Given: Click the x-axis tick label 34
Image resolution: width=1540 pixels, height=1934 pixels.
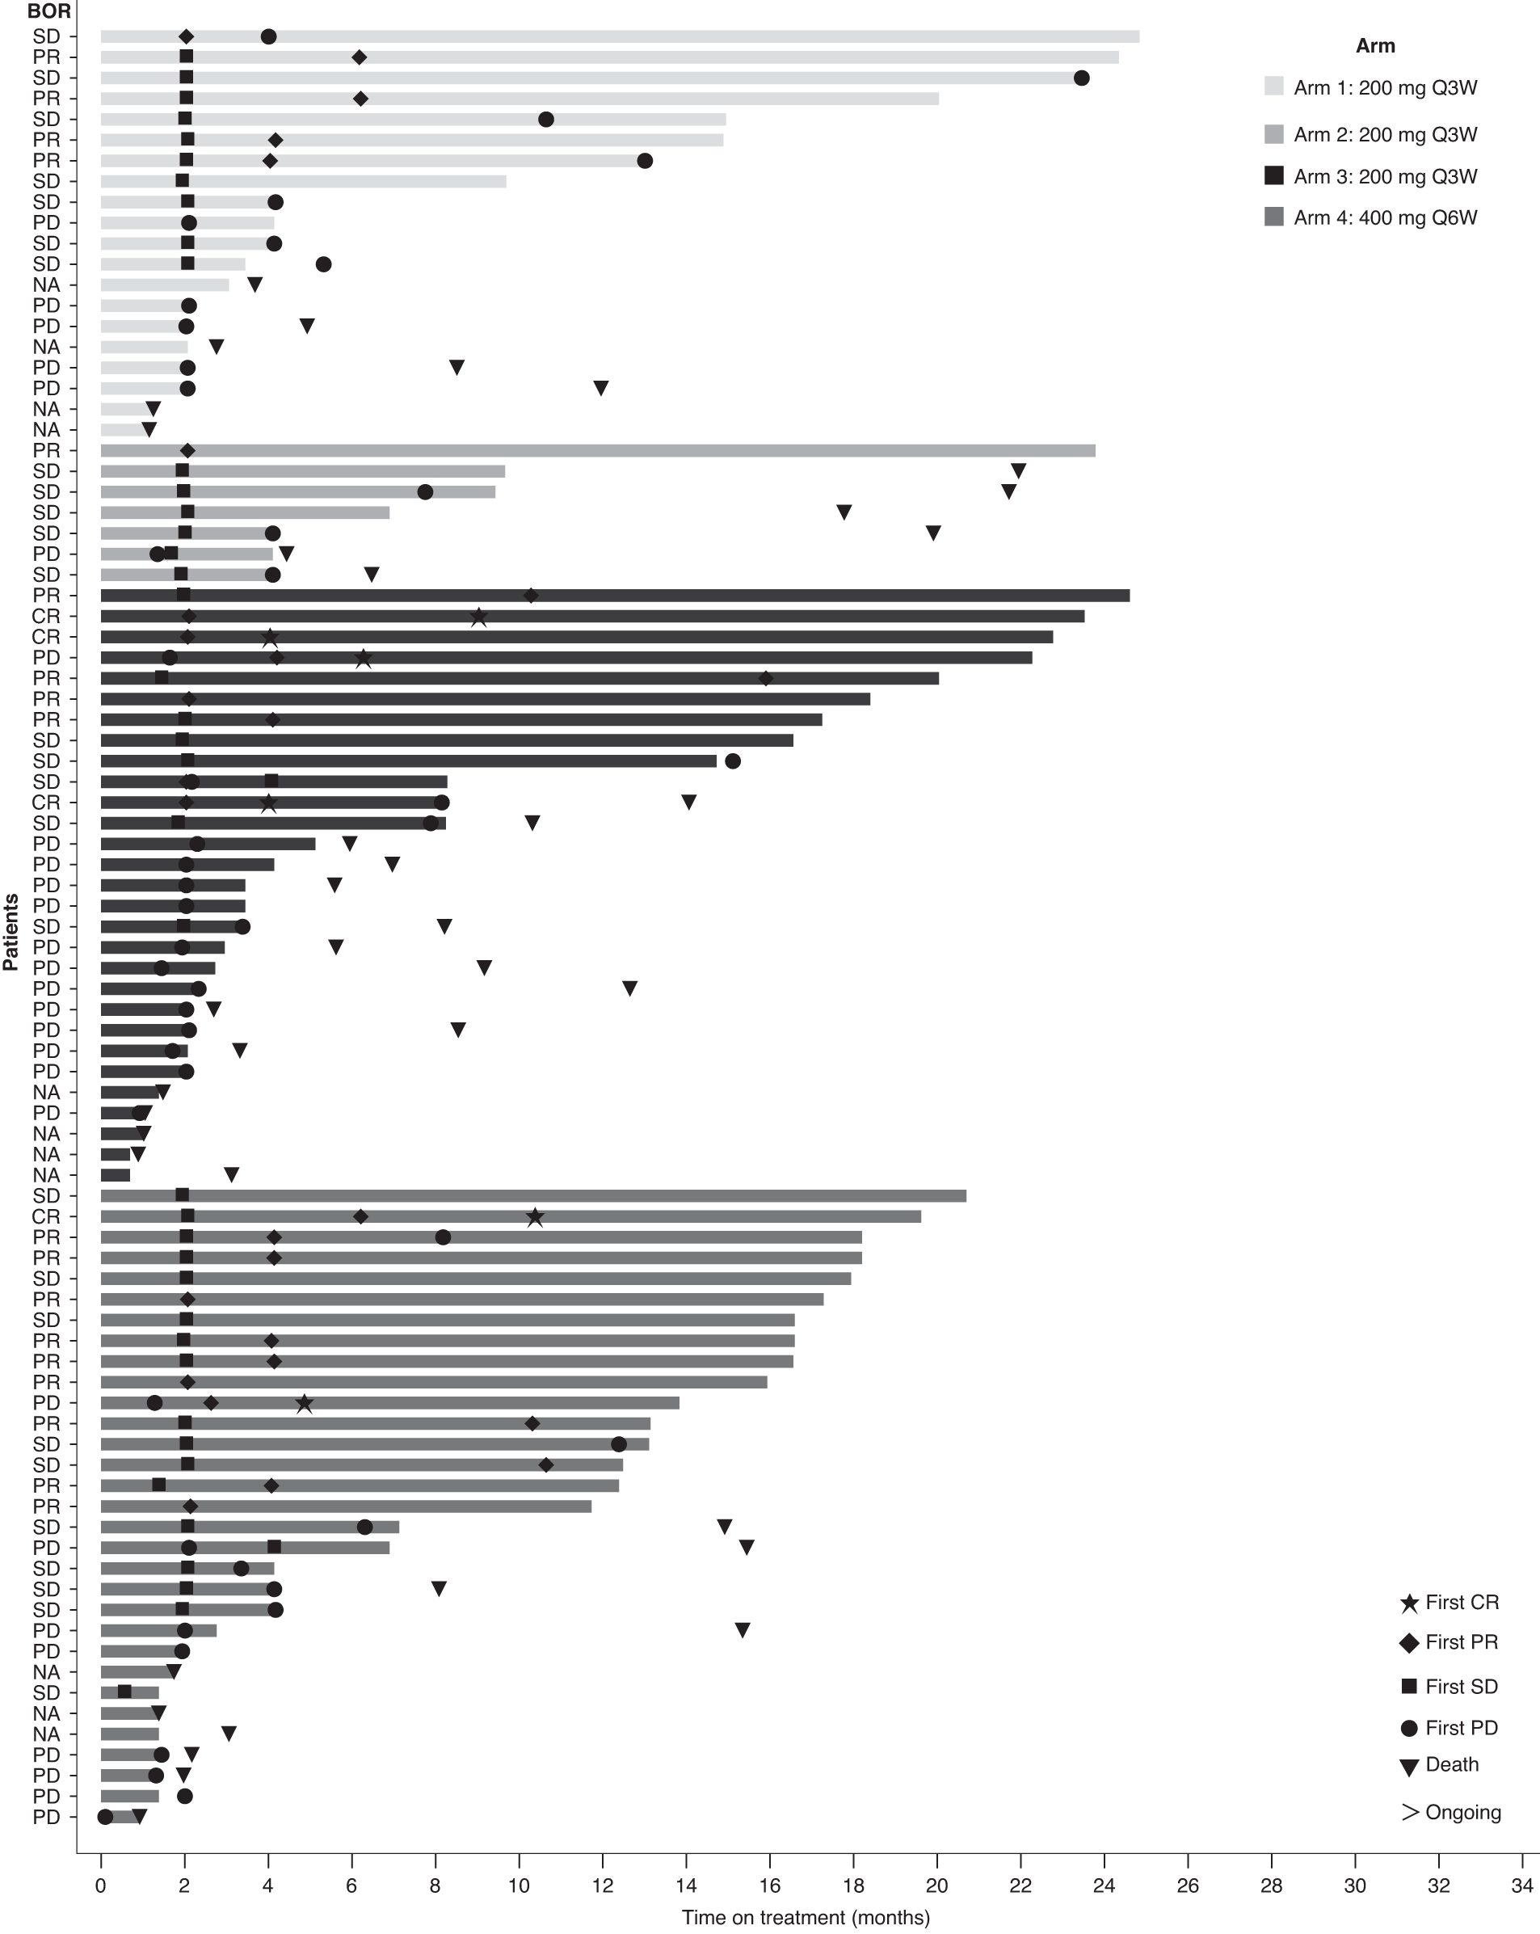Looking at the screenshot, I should point(1522,1886).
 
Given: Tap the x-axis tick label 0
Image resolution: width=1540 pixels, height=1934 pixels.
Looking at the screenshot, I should point(100,1886).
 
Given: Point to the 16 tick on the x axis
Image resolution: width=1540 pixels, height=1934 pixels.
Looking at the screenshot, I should point(769,1886).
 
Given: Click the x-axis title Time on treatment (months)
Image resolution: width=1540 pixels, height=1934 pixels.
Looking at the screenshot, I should point(805,1918).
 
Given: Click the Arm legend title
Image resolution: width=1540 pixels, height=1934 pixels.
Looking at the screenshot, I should point(1375,46).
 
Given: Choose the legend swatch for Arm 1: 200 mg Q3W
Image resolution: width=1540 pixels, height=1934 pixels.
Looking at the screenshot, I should point(1273,86).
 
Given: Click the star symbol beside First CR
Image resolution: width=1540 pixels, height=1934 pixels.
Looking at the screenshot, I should point(1409,1603).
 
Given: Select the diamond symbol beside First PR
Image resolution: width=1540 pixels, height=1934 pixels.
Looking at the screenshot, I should point(1409,1642).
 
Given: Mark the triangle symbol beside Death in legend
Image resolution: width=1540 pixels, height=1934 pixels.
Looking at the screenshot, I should point(1409,1768).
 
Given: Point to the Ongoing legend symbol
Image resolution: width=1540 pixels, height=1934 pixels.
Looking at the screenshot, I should point(1409,1812).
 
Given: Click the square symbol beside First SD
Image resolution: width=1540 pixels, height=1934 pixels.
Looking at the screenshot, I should point(1409,1687).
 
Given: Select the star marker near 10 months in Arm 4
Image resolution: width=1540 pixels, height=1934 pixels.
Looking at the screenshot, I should point(535,1217).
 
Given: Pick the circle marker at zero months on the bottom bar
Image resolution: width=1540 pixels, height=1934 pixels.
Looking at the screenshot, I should point(105,1818).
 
